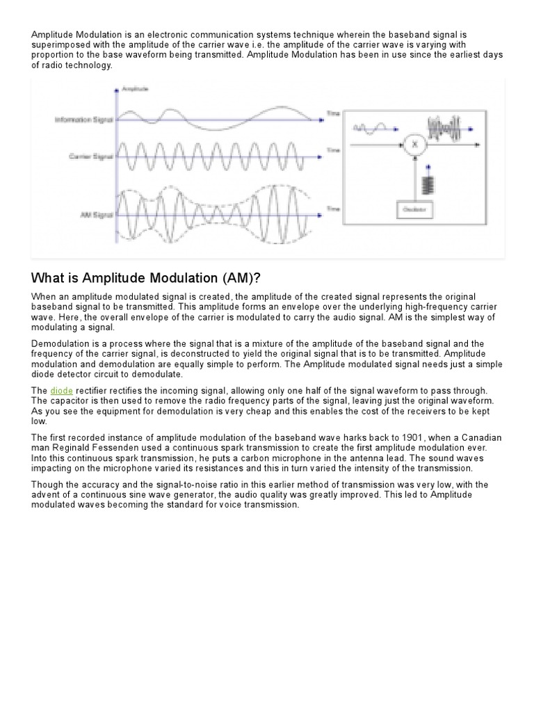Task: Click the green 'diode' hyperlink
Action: (61, 391)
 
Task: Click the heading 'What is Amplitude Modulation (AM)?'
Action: (146, 278)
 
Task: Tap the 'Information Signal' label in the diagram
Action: (84, 120)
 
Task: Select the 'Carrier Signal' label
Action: (90, 156)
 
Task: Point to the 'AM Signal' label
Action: (97, 197)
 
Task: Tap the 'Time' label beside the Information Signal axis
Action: (333, 113)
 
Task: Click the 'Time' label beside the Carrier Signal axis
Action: (333, 150)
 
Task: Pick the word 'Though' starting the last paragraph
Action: (47, 485)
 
